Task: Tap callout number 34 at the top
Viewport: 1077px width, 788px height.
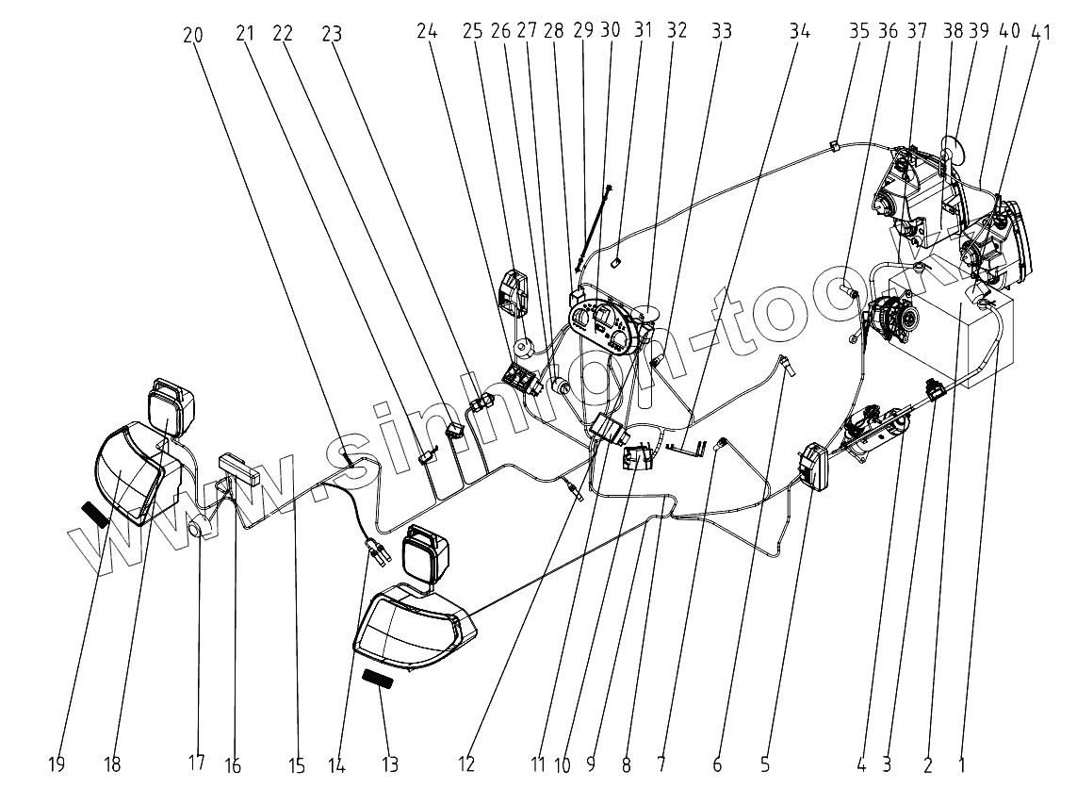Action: (799, 31)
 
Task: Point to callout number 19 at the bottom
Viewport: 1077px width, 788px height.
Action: (57, 763)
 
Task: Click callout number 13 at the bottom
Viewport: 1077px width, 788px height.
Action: (389, 763)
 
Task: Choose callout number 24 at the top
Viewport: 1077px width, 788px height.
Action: (428, 31)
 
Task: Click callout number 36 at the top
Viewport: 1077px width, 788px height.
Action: (889, 30)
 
